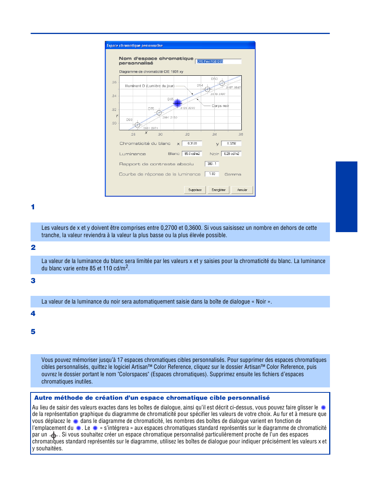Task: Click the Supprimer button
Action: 195,190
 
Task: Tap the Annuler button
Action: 242,190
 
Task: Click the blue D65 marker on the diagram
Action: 178,103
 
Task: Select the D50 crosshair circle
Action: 222,83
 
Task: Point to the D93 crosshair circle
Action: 137,125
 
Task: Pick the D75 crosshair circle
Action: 159,113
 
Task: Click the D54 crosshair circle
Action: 207,89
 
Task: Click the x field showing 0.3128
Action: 192,143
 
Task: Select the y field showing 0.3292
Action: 231,143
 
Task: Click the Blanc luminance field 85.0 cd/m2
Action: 192,154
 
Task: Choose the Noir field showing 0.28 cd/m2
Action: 231,154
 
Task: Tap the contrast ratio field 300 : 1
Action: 212,164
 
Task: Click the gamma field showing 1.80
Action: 212,174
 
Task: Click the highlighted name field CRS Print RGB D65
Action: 219,61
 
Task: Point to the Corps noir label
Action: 220,106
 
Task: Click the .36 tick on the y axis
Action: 114,82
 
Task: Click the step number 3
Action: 33,281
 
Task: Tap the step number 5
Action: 33,332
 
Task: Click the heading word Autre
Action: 43,398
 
